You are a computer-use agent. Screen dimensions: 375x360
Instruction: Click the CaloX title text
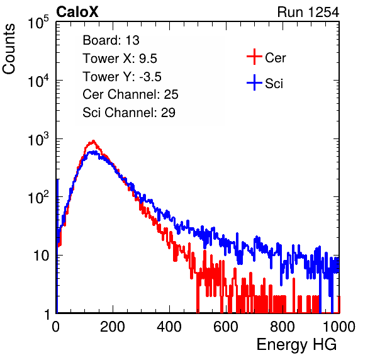pos(77,12)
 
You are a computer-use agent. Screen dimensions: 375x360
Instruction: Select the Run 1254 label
pos(308,12)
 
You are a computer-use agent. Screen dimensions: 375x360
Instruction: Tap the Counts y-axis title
pos(9,49)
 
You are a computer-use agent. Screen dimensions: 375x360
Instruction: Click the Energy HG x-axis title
pos(296,345)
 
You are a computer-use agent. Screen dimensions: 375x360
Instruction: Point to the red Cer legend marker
pos(254,57)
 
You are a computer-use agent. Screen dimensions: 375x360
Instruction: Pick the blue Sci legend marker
pos(254,83)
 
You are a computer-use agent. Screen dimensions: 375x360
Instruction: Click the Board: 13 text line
pos(111,40)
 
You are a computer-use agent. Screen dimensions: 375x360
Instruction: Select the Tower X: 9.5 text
pos(120,59)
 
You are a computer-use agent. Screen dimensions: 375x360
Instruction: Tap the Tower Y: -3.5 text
pos(122,77)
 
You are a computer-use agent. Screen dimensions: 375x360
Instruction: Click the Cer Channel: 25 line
pos(130,94)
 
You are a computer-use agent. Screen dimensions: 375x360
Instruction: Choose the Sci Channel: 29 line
pos(129,113)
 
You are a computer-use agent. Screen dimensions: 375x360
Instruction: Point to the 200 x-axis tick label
pos(113,327)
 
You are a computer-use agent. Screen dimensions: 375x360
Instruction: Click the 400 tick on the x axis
pos(169,327)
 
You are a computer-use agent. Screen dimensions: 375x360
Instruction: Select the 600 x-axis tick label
pos(226,327)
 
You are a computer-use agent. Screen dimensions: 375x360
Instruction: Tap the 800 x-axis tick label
pos(283,327)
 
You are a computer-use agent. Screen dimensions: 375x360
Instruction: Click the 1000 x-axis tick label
pos(339,327)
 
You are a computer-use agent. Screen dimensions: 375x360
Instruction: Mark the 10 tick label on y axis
pos(41,256)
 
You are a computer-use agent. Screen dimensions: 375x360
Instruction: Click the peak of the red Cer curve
pos(93,141)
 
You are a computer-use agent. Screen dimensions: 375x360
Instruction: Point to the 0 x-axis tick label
pos(56,327)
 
